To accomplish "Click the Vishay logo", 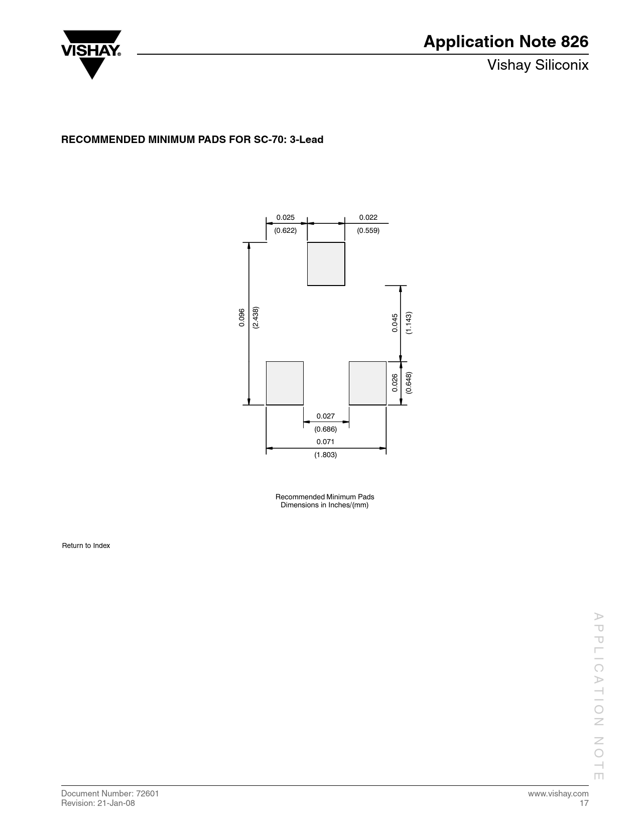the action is (91, 55).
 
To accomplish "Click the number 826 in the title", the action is (574, 42).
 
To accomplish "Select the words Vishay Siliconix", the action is (538, 65).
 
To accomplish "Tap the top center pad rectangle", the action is (326, 263).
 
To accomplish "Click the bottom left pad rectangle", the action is (285, 383).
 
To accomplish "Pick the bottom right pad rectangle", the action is (367, 383).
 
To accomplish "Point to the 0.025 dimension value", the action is (286, 218).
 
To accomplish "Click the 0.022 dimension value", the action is (368, 218).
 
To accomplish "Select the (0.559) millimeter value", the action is (368, 230).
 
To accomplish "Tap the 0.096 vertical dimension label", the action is (241, 318).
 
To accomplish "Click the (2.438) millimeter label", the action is (255, 318).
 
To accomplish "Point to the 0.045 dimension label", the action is (395, 323).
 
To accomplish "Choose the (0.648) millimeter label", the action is (409, 382).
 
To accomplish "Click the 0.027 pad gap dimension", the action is (326, 416).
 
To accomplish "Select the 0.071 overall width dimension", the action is (326, 442).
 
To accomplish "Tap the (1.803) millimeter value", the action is (326, 455).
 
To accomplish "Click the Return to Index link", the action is (86, 545).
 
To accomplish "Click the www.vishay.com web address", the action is (558, 793).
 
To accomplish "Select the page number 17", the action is (584, 803).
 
